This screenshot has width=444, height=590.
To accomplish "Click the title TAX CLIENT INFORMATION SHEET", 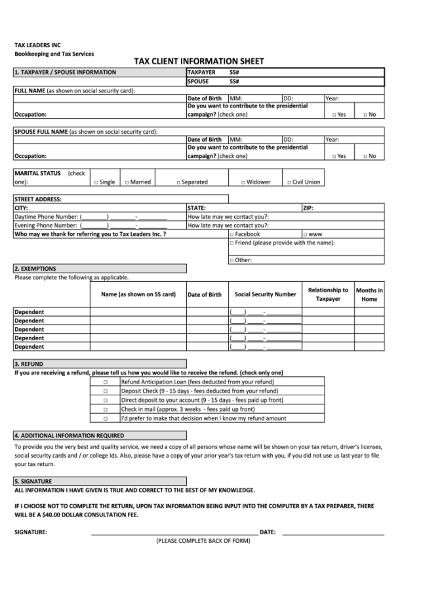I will (199, 62).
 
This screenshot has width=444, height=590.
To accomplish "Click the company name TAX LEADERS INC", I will (37, 45).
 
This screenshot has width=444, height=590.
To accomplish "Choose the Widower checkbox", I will (243, 182).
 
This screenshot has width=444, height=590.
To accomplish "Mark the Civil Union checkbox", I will (289, 182).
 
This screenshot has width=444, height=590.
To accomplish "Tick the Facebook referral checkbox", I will (232, 234).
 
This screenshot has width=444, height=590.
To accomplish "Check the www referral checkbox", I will (305, 234).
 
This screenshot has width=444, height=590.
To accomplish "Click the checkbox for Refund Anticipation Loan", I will (105, 382).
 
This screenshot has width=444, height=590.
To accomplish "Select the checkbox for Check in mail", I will (105, 409).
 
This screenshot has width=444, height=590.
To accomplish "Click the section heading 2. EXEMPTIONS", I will (35, 269).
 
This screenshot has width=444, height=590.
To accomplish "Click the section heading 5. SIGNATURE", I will (33, 481).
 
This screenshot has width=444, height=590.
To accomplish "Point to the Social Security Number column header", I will (266, 294).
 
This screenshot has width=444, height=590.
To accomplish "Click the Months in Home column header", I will (369, 294).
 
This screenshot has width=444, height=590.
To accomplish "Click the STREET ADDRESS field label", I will (38, 199).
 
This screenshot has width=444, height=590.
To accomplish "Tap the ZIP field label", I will (308, 208).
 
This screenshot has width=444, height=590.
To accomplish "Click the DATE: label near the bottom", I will (268, 532).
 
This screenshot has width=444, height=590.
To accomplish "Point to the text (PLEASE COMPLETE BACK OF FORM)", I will (203, 541).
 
